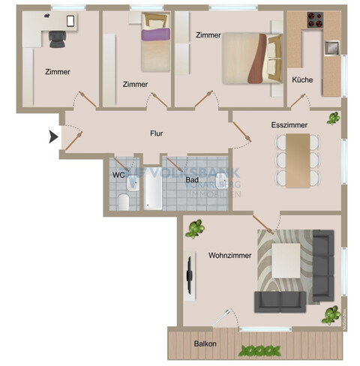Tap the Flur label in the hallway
[157, 133]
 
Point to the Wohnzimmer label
[230, 255]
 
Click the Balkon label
[205, 344]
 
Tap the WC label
[118, 175]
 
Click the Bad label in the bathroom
[192, 180]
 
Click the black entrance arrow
[53, 136]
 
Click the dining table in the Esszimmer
[298, 160]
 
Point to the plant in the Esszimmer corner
[331, 118]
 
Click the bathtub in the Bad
[152, 188]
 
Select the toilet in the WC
[124, 200]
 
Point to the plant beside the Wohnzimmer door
[196, 228]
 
